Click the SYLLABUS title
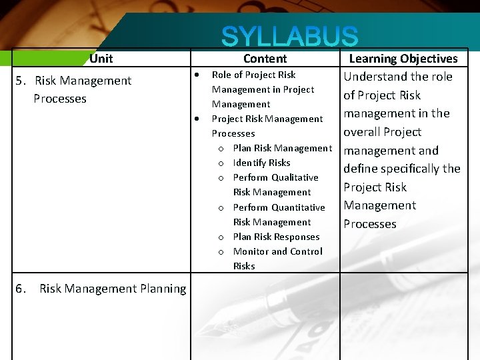289,37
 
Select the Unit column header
101,59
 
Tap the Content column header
265,59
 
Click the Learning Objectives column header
403,59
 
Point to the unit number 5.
20,81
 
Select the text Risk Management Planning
113,289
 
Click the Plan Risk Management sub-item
282,148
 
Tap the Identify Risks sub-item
261,163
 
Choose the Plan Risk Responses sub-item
276,237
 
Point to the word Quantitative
297,207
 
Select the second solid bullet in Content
198,119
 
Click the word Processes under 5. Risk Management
60,99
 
